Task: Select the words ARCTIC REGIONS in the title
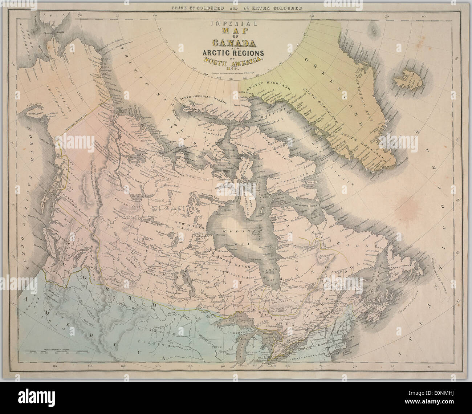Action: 230,53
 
